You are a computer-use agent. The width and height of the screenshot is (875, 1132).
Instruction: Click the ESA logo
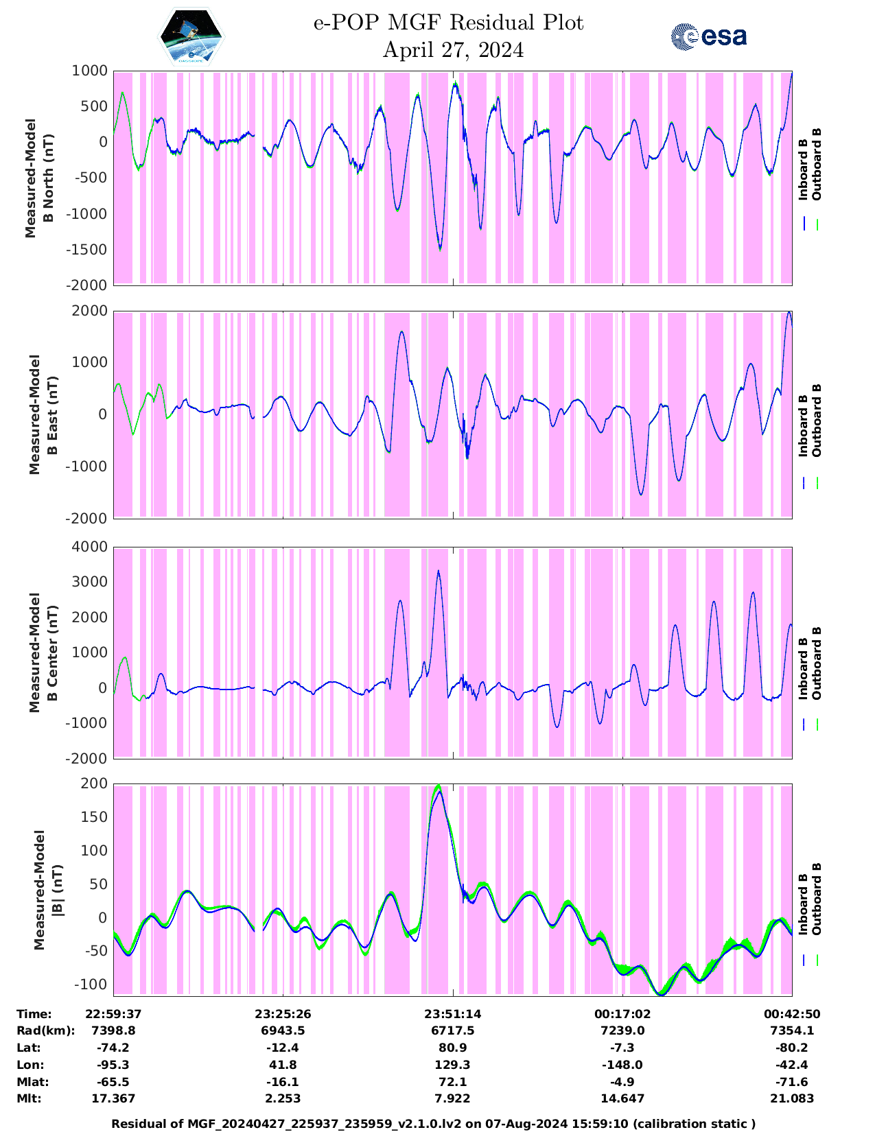point(709,37)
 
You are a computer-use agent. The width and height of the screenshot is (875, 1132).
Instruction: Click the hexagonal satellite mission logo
point(191,36)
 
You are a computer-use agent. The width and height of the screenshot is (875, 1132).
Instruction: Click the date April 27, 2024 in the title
point(453,50)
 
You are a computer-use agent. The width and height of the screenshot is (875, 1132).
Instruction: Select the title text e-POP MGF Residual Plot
point(449,23)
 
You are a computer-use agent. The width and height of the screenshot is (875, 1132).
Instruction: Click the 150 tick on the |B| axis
point(95,817)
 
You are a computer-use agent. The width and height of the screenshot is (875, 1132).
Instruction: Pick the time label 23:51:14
point(452,1014)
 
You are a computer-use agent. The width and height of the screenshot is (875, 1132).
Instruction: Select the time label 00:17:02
point(622,1014)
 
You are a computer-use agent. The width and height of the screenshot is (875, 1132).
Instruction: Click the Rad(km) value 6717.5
point(452,1030)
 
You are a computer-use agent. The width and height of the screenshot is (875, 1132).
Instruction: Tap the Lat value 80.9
point(452,1048)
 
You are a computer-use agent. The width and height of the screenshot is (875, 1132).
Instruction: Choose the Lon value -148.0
point(622,1065)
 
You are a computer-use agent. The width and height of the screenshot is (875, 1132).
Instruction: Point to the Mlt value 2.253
point(283,1098)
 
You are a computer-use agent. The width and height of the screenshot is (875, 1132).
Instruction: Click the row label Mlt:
point(29,1098)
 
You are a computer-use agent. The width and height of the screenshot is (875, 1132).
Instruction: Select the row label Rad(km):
point(45,1030)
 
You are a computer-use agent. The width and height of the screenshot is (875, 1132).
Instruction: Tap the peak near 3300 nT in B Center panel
point(438,571)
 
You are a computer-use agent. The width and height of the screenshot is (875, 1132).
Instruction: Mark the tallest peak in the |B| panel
point(439,786)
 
